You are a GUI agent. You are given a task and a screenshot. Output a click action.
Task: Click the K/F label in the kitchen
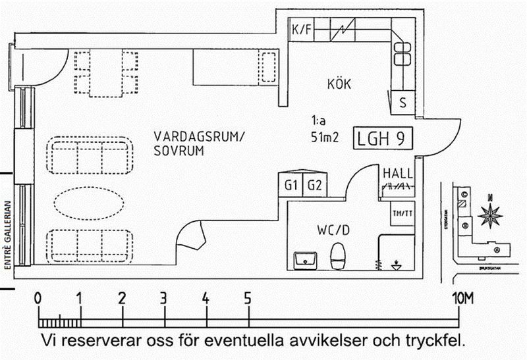(x=301, y=29)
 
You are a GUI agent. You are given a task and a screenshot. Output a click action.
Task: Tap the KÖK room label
(x=339, y=84)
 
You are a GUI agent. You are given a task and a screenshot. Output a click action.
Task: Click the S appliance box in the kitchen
(x=402, y=102)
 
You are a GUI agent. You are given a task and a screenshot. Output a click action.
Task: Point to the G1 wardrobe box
(x=291, y=185)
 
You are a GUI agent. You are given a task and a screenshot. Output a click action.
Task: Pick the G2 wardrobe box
(x=314, y=185)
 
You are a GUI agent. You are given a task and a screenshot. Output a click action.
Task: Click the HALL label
(x=398, y=174)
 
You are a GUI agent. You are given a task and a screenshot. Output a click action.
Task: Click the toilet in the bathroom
(x=338, y=256)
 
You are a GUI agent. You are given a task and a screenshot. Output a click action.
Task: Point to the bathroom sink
(x=306, y=259)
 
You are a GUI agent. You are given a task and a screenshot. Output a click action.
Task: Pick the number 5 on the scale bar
(x=247, y=297)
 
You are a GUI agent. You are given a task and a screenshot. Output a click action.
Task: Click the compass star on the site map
(x=490, y=215)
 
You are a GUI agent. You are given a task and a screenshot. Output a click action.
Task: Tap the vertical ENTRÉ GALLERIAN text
(x=9, y=234)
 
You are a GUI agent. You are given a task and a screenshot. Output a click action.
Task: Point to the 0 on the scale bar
(x=38, y=297)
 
